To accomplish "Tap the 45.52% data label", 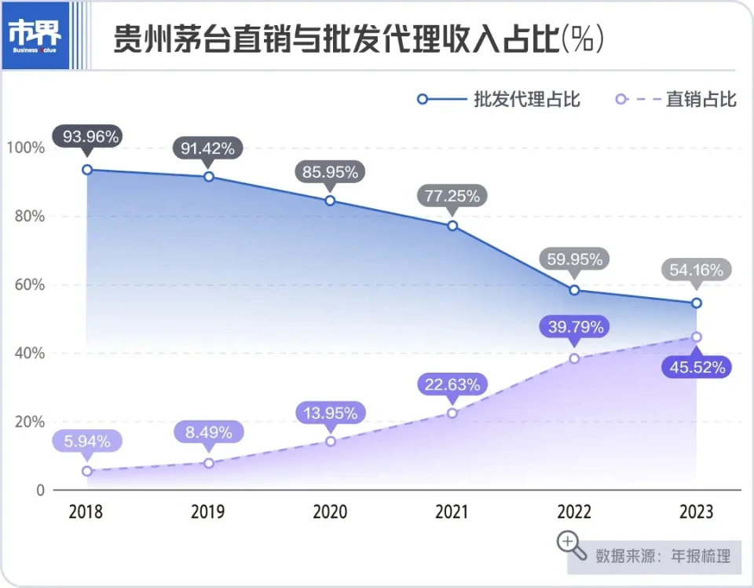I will click(x=697, y=366).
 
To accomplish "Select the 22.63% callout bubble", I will click(x=452, y=384).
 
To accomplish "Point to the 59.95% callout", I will click(x=574, y=259).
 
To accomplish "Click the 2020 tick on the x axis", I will click(x=330, y=512).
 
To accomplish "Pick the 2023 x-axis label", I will click(x=696, y=512).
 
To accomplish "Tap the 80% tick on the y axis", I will click(x=27, y=216).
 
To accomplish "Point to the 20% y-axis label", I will click(x=27, y=422).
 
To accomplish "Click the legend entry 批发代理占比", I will click(x=499, y=99).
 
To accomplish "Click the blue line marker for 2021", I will click(x=452, y=226).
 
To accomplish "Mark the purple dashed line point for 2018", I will click(x=87, y=471).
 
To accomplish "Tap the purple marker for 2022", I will click(x=574, y=358).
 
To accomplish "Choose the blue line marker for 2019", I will click(x=208, y=177).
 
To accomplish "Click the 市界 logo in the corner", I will click(x=35, y=35).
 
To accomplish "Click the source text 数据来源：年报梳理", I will click(x=663, y=556).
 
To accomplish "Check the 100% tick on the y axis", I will click(x=25, y=148).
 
